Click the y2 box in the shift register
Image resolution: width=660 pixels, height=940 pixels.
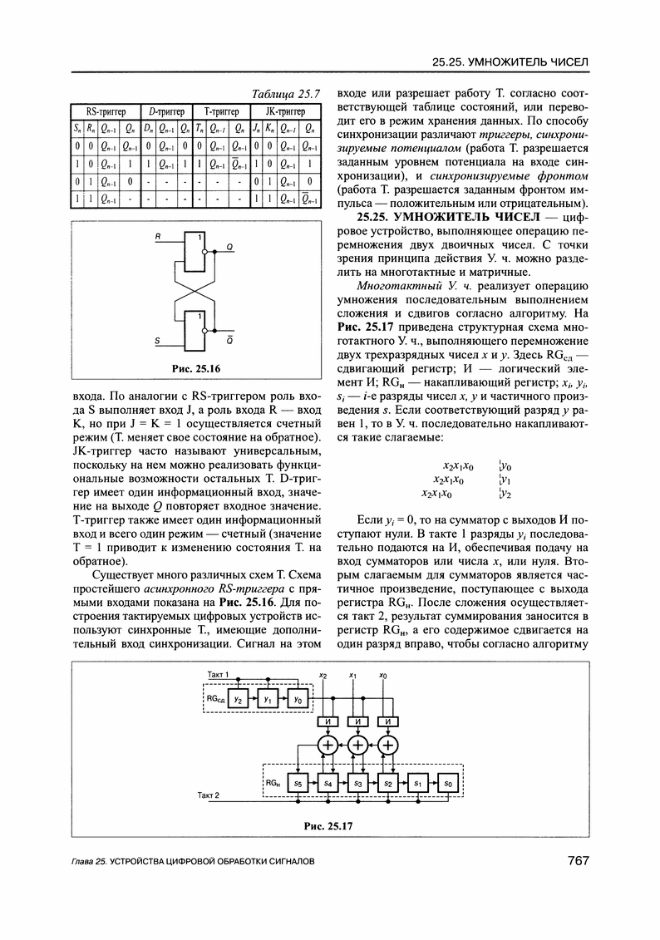point(238,700)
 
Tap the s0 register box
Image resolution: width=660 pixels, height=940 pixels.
point(448,783)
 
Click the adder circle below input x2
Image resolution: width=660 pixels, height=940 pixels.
point(328,745)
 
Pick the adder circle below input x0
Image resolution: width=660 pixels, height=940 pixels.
point(388,745)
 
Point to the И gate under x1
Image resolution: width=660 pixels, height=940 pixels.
point(358,721)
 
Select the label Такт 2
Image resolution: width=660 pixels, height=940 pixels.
point(209,795)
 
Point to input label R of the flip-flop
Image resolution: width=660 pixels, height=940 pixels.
point(156,239)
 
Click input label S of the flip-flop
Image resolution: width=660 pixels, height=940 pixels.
point(156,341)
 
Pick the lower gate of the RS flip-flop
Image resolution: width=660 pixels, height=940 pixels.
point(194,329)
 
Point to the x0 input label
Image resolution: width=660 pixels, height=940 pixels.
point(382,675)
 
